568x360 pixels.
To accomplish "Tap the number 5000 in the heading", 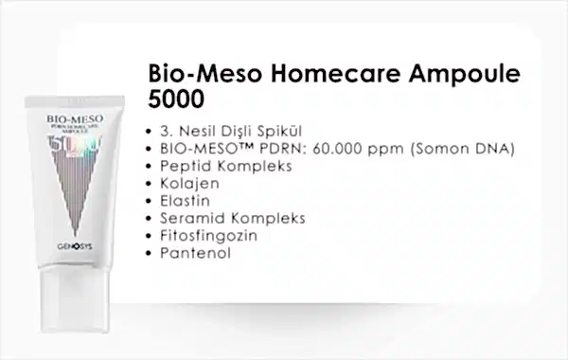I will click(176, 99).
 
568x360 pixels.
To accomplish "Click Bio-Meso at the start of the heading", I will click(193, 75).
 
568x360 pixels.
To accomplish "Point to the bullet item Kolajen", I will click(187, 184).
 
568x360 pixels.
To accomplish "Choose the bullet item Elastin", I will click(184, 201).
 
